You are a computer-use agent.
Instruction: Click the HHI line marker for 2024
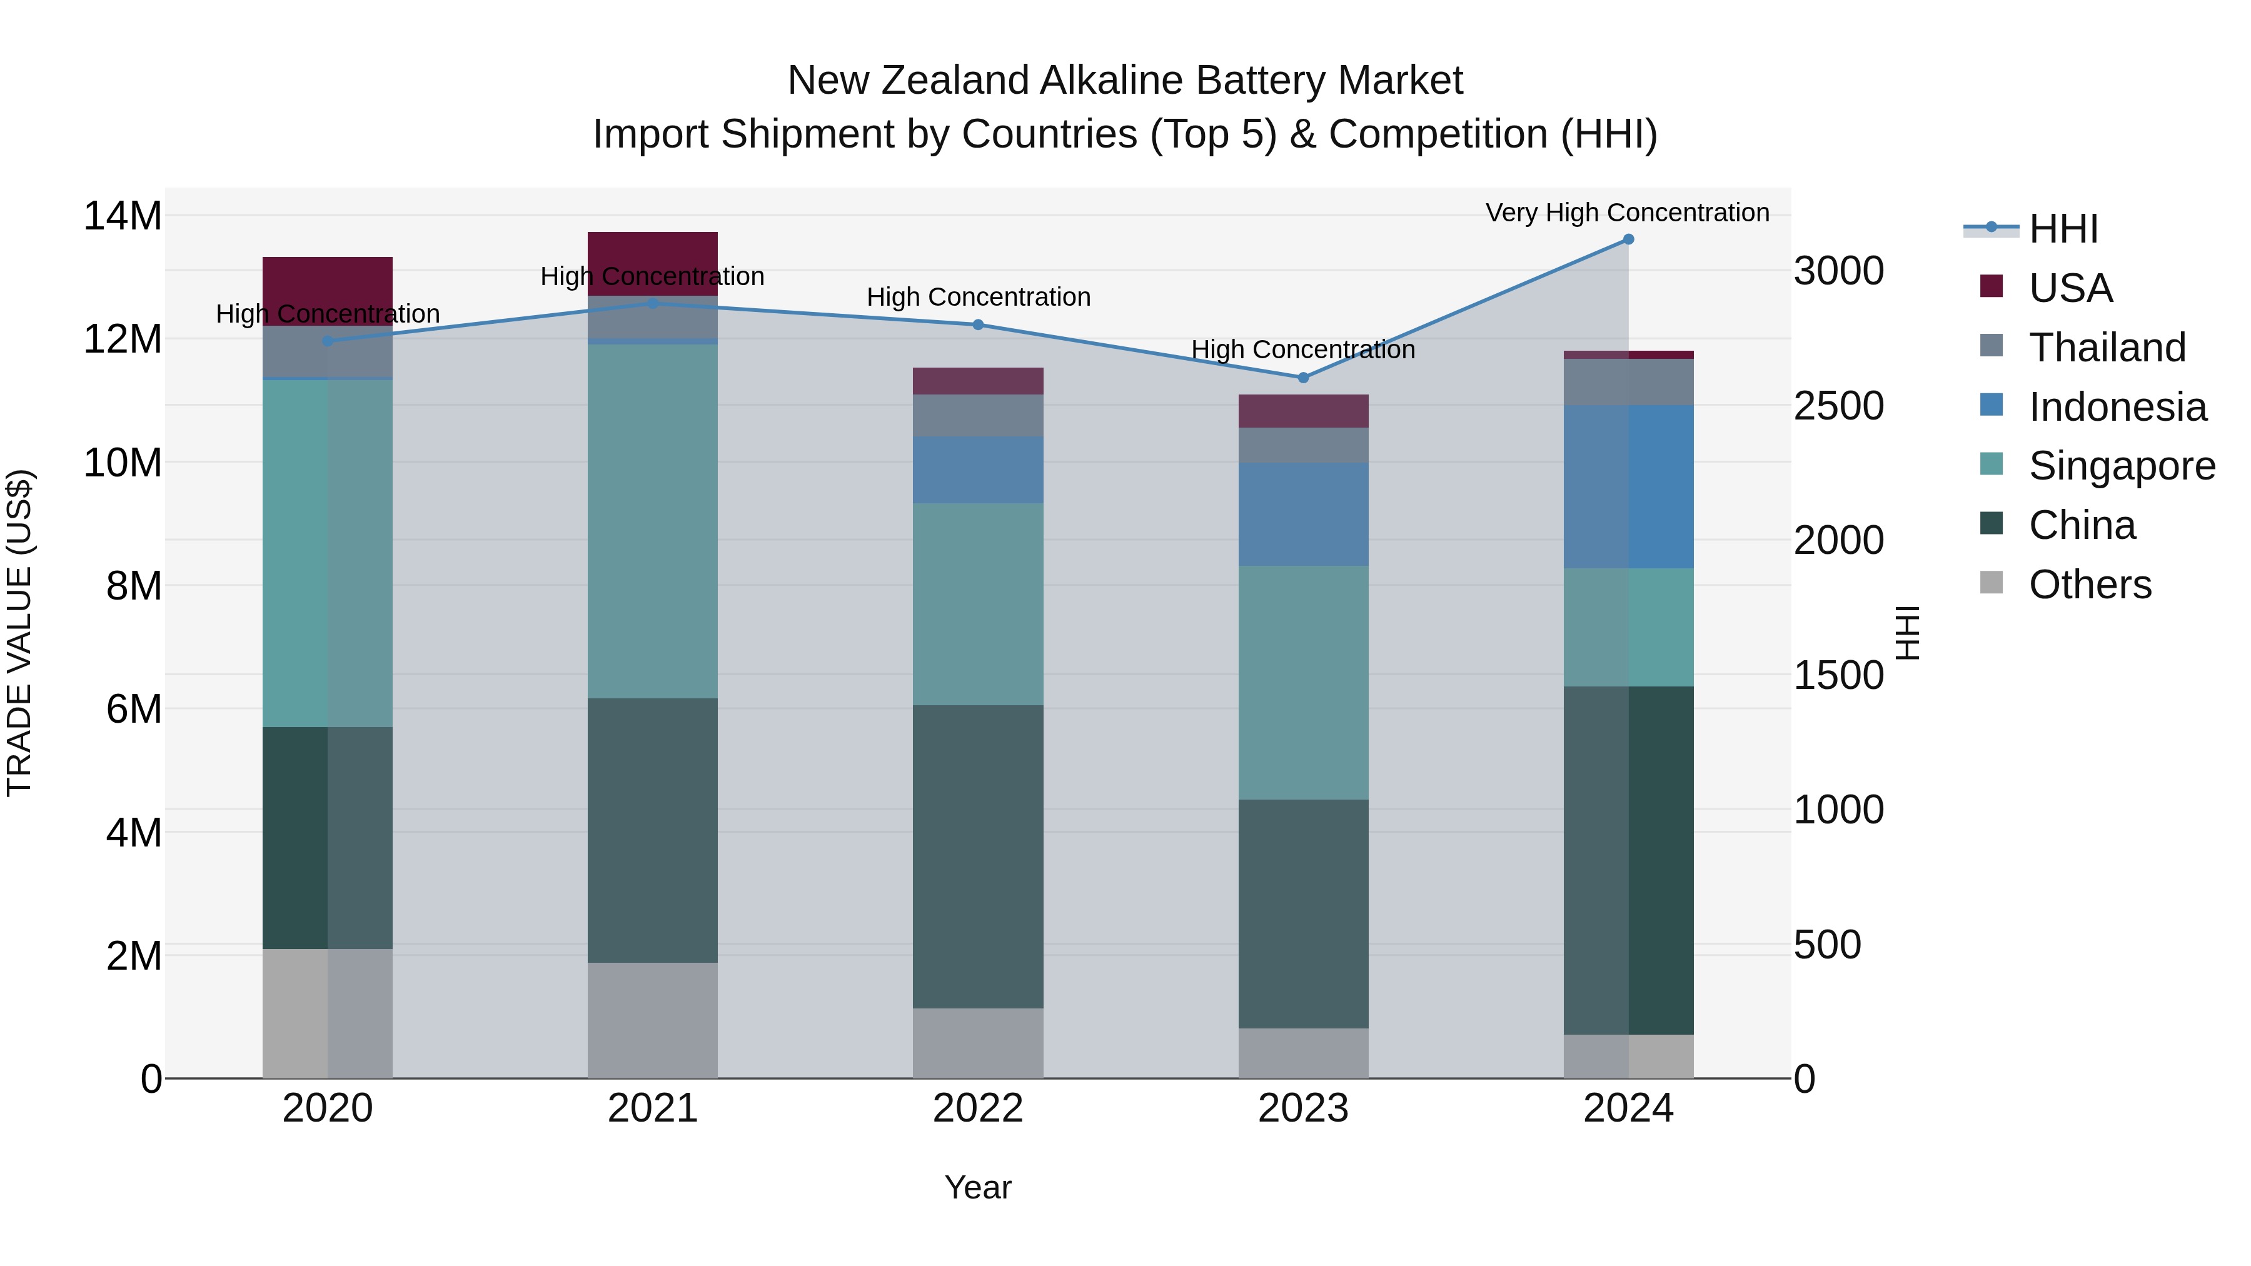point(1628,239)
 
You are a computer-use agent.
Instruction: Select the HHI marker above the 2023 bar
point(1303,378)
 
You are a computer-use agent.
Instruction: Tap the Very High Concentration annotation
point(1627,213)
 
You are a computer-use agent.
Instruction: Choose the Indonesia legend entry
point(2117,407)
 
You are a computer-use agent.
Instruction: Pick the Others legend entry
point(2088,585)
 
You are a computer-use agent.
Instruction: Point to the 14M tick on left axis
point(123,216)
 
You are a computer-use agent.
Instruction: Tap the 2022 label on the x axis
point(978,1108)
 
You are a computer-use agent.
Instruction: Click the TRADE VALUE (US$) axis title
point(19,633)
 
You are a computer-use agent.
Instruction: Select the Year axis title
point(978,1187)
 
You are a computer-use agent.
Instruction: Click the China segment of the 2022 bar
point(978,857)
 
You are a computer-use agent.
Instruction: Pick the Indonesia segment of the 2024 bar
point(1628,486)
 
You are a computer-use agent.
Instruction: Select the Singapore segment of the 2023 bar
point(1303,681)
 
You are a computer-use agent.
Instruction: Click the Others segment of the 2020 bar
point(328,1013)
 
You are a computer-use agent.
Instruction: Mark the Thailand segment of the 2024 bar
point(1628,382)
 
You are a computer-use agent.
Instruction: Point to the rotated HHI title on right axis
point(1908,633)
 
